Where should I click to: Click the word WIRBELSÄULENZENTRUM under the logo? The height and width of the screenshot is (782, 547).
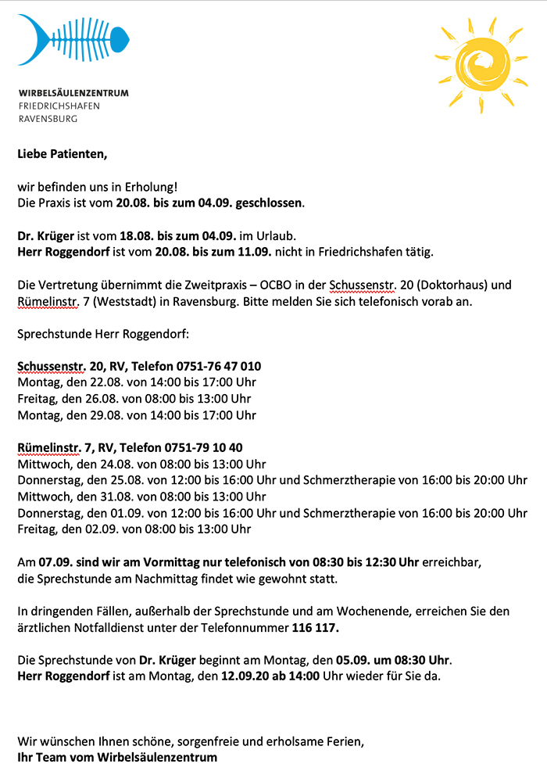[73, 92]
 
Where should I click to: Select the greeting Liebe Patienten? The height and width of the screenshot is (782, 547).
[62, 154]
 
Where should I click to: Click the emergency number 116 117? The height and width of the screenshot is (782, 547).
[316, 627]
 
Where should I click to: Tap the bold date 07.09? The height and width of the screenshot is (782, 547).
[55, 562]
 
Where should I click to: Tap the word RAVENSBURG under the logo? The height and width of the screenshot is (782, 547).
[48, 119]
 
